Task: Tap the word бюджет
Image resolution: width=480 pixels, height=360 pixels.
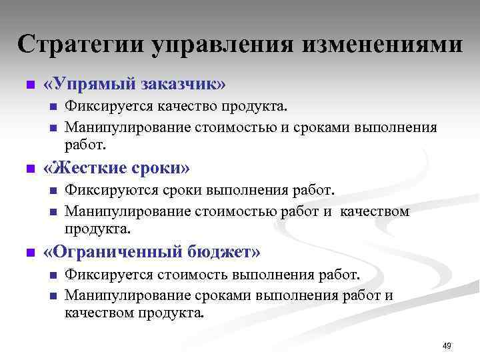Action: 224,253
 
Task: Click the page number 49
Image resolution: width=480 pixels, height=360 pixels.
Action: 447,345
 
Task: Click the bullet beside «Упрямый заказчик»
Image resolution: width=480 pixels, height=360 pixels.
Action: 29,86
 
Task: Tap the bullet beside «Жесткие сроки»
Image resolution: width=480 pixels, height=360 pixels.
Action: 29,169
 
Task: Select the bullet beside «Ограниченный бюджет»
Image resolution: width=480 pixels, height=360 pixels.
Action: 29,253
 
